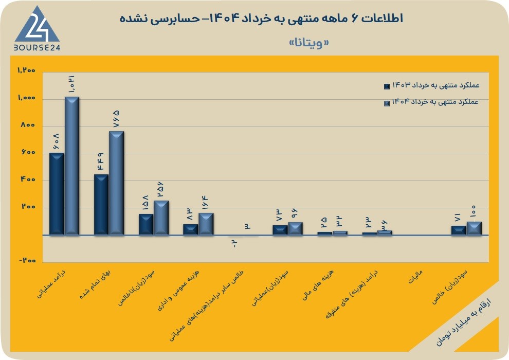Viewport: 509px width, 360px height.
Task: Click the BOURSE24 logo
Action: [x=37, y=29]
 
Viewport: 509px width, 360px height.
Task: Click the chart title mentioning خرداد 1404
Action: [x=261, y=18]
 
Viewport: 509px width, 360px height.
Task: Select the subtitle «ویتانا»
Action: [x=308, y=43]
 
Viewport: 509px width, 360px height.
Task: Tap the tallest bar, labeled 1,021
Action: [x=72, y=166]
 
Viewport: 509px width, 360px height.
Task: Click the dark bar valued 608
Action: [x=57, y=193]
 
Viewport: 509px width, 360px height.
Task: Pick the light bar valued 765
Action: [x=116, y=183]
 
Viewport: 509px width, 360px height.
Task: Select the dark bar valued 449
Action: [x=101, y=205]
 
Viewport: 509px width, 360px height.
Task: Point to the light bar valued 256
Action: [x=161, y=218]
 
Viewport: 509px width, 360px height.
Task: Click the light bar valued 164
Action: [x=206, y=224]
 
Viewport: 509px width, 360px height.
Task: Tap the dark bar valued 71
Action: [x=459, y=230]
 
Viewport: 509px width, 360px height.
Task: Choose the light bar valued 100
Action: [x=474, y=228]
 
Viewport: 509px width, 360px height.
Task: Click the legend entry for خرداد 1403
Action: [x=431, y=86]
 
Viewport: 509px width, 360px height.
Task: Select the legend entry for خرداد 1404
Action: [x=431, y=102]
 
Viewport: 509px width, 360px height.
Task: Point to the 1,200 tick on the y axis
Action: [x=26, y=70]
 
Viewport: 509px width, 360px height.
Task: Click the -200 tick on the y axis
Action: [x=27, y=261]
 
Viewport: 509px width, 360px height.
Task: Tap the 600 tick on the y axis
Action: [x=28, y=152]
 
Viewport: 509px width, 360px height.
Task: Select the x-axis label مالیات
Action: [x=415, y=277]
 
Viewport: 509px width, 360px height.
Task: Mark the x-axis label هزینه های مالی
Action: [x=318, y=285]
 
